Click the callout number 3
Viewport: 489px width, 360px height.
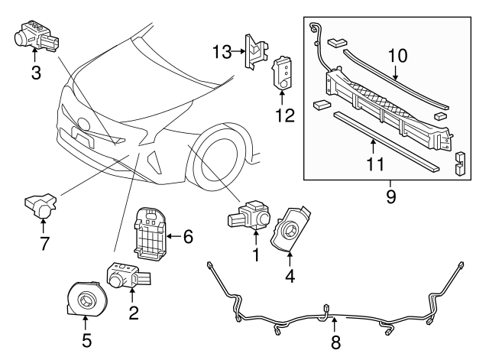coord(35,73)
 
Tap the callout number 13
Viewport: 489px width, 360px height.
coord(222,51)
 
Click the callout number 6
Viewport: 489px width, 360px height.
coord(188,237)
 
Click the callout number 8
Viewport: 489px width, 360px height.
coord(335,342)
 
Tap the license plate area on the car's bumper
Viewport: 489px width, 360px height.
coord(80,133)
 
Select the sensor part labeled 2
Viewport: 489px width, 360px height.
coord(124,275)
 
